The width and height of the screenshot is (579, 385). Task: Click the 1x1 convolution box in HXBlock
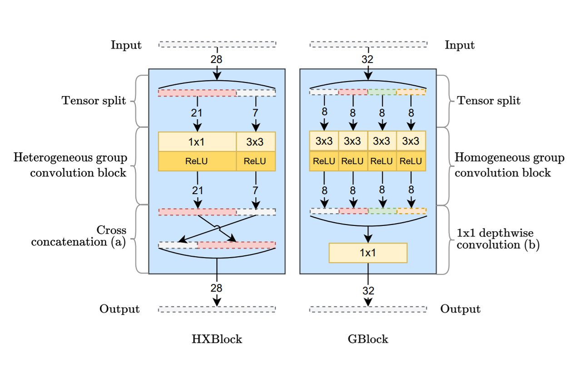pyautogui.click(x=197, y=141)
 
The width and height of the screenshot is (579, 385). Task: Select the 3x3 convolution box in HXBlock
pyautogui.click(x=255, y=141)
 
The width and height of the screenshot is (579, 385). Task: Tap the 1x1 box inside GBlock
pyautogui.click(x=368, y=253)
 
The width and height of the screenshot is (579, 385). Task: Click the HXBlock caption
pyautogui.click(x=217, y=339)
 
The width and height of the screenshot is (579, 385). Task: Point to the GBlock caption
pyautogui.click(x=367, y=339)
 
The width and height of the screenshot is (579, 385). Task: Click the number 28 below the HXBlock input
pyautogui.click(x=217, y=59)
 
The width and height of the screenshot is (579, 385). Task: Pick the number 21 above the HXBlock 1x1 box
pyautogui.click(x=197, y=113)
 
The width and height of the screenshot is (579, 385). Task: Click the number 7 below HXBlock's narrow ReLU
pyautogui.click(x=256, y=190)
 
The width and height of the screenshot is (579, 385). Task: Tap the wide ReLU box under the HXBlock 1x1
pyautogui.click(x=197, y=161)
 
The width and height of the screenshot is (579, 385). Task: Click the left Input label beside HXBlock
pyautogui.click(x=126, y=45)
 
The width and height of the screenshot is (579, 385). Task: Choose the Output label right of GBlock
pyautogui.click(x=460, y=309)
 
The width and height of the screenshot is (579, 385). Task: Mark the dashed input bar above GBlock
pyautogui.click(x=368, y=44)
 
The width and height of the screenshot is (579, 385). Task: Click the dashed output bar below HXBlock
pyautogui.click(x=217, y=309)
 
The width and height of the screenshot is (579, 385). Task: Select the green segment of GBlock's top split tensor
pyautogui.click(x=382, y=92)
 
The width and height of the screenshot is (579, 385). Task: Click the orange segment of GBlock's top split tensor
pyautogui.click(x=411, y=92)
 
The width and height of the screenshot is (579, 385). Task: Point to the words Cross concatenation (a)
pyautogui.click(x=78, y=236)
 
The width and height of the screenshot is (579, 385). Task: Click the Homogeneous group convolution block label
pyautogui.click(x=510, y=165)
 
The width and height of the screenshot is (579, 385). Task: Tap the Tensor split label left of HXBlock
pyautogui.click(x=94, y=101)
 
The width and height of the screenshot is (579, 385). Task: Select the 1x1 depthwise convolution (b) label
pyautogui.click(x=498, y=239)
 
